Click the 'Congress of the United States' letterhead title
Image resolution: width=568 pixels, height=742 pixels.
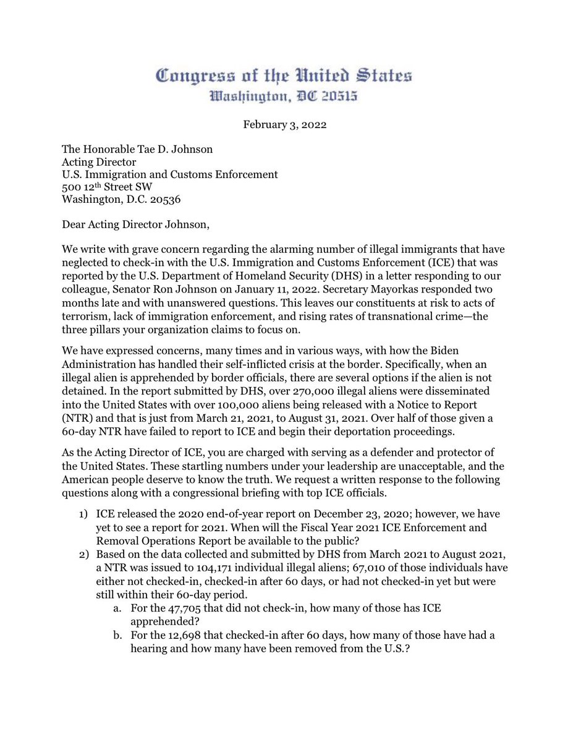[x=284, y=77]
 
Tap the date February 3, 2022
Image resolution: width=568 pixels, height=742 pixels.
[x=284, y=124]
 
